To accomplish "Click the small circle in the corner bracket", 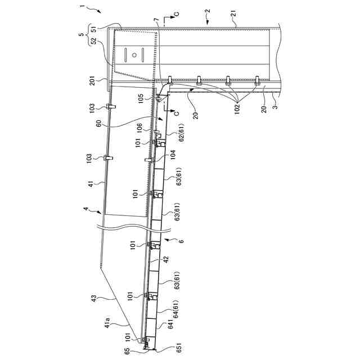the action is (134, 55).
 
